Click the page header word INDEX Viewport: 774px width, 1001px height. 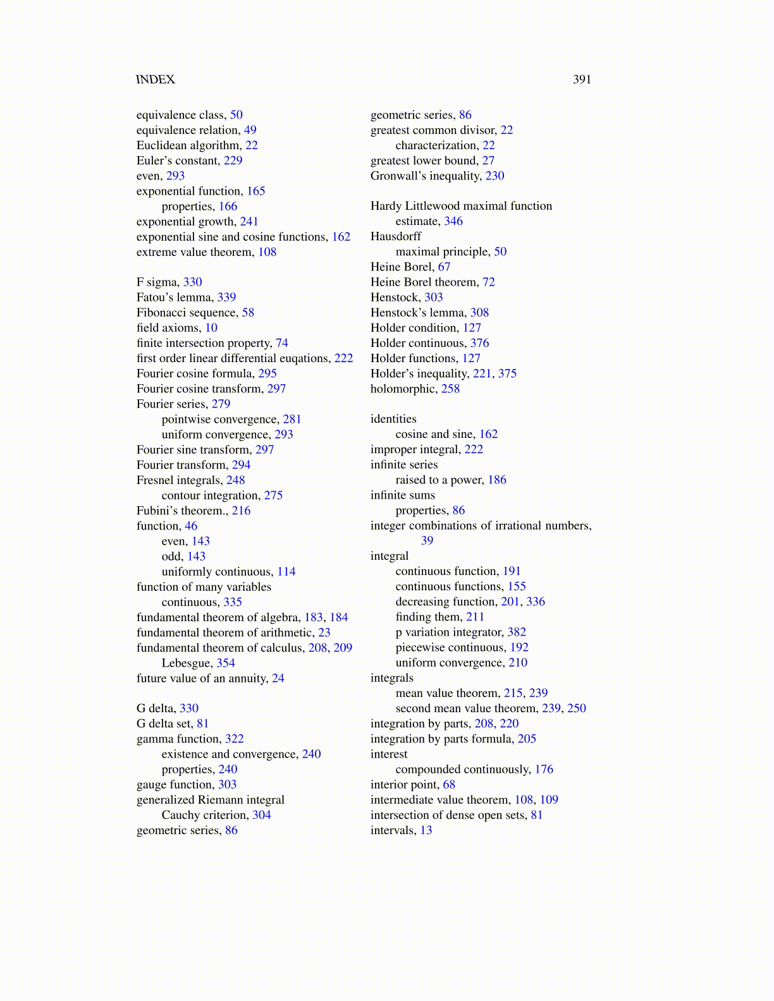(x=156, y=80)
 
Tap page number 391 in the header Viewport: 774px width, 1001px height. (x=582, y=80)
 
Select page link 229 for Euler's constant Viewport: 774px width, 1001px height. (x=233, y=161)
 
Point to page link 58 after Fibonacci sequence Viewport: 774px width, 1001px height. (x=248, y=313)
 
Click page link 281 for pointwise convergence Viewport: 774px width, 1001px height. (x=292, y=420)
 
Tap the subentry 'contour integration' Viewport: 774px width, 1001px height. (x=211, y=495)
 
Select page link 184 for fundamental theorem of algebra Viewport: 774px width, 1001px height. (x=339, y=617)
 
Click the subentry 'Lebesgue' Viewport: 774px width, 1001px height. (x=186, y=663)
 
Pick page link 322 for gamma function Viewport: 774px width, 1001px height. (x=234, y=739)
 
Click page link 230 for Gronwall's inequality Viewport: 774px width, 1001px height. (x=494, y=176)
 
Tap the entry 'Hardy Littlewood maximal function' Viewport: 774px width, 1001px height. (x=461, y=206)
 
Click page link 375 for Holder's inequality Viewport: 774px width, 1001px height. (x=507, y=373)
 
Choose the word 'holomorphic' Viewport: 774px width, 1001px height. (x=403, y=389)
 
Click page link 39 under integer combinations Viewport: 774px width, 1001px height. (x=427, y=541)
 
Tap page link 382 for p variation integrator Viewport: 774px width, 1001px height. (x=517, y=633)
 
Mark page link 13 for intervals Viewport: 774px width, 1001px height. (x=426, y=830)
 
